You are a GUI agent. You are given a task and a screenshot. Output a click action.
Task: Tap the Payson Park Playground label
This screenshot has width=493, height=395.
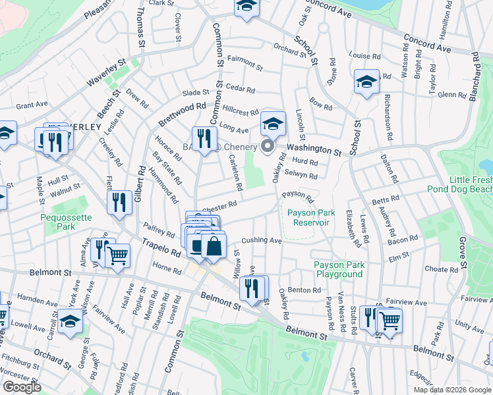pos(339,269)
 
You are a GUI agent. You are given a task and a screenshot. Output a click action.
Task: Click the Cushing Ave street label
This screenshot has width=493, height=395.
pos(262,240)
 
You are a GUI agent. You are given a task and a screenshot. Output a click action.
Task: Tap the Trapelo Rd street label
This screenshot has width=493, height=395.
pos(161,248)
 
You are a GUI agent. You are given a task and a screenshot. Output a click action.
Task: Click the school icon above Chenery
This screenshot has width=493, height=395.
pos(273,122)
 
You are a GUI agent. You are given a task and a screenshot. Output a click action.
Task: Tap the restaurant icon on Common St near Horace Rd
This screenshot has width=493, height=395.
pos(204,137)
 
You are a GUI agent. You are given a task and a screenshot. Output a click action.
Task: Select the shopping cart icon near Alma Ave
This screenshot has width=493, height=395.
pos(117,255)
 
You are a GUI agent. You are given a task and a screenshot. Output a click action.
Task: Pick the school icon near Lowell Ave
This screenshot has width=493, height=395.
pos(70,323)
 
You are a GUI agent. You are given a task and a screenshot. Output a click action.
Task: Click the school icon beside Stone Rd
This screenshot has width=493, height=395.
pos(366,82)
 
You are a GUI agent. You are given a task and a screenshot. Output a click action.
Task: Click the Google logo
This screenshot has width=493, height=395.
pos(22,387)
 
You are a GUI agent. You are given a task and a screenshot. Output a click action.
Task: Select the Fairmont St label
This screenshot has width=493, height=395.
pos(245,66)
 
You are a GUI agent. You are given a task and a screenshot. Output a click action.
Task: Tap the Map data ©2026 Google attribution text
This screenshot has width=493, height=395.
pos(452,390)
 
